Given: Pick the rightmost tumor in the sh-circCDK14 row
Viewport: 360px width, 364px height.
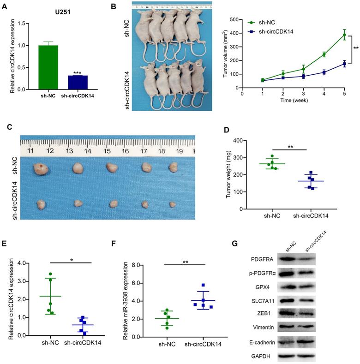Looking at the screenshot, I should click(x=173, y=203).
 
